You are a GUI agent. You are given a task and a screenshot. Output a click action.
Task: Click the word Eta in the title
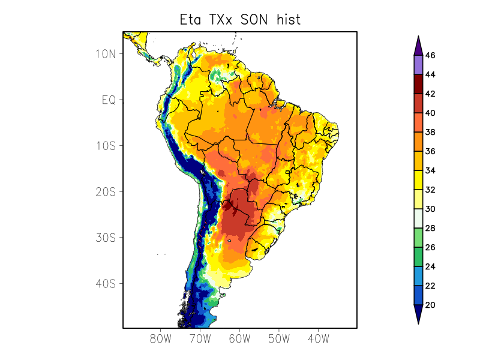(x=193, y=19)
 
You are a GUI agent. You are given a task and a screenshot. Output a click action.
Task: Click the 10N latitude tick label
(x=105, y=54)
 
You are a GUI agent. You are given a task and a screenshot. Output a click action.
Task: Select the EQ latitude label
(x=109, y=100)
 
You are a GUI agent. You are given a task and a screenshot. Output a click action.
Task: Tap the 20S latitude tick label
(x=105, y=191)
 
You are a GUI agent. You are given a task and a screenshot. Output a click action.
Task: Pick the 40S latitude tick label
(x=105, y=283)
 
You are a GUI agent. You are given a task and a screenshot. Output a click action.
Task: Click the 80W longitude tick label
(x=161, y=338)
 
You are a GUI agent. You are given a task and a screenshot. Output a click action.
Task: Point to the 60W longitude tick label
(x=239, y=338)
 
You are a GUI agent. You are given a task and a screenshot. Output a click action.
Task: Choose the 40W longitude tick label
(x=318, y=338)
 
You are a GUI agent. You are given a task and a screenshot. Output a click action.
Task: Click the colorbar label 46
(x=430, y=55)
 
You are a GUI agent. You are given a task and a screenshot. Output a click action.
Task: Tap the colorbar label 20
(x=430, y=305)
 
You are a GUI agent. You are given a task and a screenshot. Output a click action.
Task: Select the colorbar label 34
(x=430, y=170)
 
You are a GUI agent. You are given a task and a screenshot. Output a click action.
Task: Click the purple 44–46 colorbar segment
(x=418, y=65)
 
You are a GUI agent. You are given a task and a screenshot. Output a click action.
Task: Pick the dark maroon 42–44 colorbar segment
(x=418, y=84)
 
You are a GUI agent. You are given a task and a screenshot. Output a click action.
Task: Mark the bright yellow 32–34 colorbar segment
(x=418, y=180)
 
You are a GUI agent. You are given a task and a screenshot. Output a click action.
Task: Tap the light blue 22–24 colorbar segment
(x=418, y=276)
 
